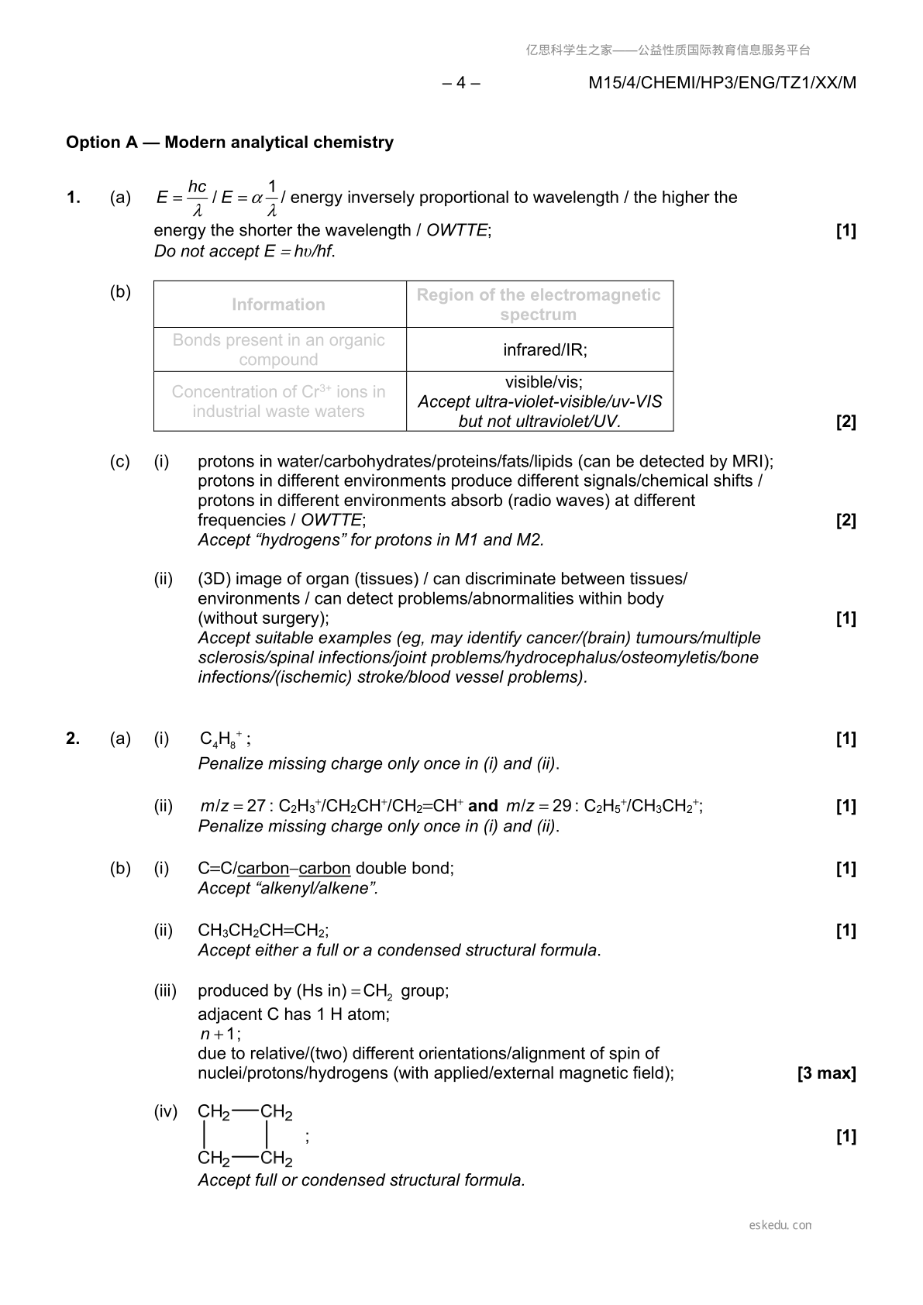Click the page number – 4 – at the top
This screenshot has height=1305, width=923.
(461, 83)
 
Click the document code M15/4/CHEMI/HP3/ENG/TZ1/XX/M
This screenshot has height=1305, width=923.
(722, 83)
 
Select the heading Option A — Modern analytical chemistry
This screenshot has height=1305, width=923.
(229, 143)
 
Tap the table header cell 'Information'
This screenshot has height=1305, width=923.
(279, 305)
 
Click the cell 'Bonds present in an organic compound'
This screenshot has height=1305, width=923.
(279, 349)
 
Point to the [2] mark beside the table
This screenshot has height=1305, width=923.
(846, 422)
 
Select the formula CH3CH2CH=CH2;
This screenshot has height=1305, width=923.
(263, 931)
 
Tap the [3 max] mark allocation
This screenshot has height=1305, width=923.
(826, 1073)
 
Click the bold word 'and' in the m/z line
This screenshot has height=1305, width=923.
(483, 806)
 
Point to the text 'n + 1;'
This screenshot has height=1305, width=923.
(220, 1034)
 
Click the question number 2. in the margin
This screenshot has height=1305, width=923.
(73, 739)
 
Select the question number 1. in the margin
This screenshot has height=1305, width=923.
(74, 198)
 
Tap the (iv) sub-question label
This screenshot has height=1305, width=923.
(166, 1112)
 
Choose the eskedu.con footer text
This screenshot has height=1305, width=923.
(780, 1225)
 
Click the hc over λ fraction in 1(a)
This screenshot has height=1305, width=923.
(198, 198)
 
